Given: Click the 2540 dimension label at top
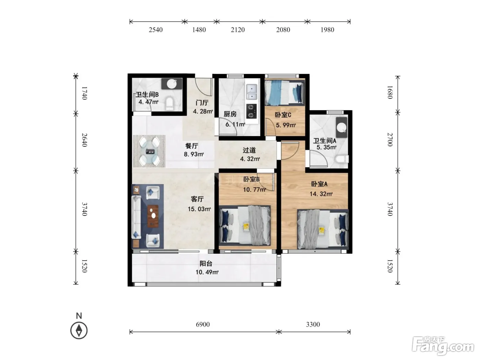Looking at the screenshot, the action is click(x=156, y=30).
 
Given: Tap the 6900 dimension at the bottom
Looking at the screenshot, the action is click(x=203, y=324).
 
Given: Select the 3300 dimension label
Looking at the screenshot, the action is click(x=313, y=324).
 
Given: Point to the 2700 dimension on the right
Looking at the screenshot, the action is click(x=390, y=140).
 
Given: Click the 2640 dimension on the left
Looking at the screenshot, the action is click(x=85, y=140).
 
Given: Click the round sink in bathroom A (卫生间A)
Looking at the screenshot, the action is click(x=341, y=127).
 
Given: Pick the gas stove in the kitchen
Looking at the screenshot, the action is click(x=251, y=111).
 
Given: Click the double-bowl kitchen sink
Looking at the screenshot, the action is click(x=252, y=92).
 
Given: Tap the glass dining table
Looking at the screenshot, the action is click(x=150, y=151).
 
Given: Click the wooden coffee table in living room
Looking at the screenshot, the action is click(x=153, y=216).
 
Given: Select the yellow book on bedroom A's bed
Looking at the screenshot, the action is click(x=322, y=231).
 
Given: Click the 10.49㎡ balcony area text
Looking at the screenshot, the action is click(x=207, y=272).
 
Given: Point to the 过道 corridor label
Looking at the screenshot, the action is click(x=249, y=150).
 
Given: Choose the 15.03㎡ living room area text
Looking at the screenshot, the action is click(x=199, y=209).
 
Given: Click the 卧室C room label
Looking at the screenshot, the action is click(x=283, y=115).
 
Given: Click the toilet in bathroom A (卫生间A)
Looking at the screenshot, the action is click(x=342, y=159).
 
